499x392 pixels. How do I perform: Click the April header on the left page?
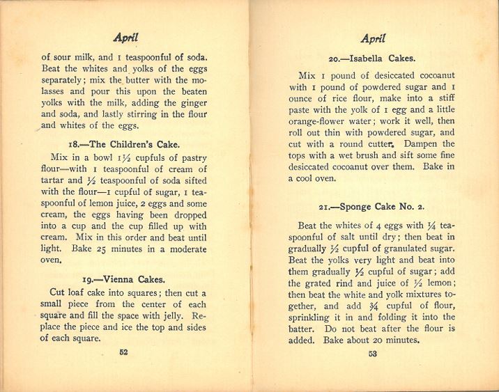125,40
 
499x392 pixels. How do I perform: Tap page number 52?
123,352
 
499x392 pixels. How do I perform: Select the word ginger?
56,113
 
